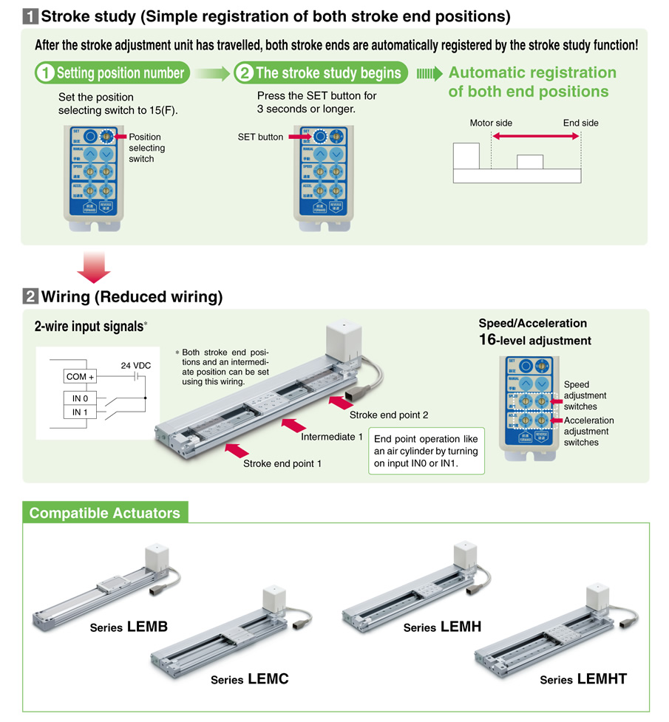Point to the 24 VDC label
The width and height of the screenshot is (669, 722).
click(135, 365)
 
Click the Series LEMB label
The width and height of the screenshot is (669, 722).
click(129, 627)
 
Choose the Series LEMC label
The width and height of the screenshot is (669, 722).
click(249, 679)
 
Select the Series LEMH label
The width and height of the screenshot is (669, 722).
click(442, 627)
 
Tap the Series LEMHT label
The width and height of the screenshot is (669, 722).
click(583, 679)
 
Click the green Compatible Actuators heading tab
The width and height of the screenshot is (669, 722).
click(104, 513)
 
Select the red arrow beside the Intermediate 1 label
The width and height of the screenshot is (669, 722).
click(291, 423)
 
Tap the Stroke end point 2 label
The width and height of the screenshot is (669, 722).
click(389, 415)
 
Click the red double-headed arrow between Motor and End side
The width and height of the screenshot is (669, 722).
click(536, 137)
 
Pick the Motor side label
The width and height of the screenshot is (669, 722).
click(491, 123)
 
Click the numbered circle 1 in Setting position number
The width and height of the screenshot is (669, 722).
click(45, 72)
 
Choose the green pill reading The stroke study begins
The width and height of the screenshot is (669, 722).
click(320, 72)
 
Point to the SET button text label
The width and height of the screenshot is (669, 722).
click(260, 137)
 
